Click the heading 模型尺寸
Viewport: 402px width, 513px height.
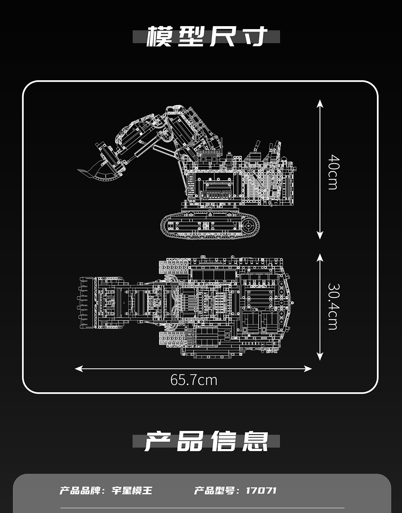click(x=207, y=36)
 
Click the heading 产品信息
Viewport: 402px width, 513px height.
click(x=207, y=441)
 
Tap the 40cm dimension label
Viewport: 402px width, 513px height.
click(x=333, y=172)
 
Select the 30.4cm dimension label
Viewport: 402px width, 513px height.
click(x=333, y=306)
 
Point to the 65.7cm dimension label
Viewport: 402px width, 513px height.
click(x=194, y=380)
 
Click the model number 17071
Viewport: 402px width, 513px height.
click(x=261, y=491)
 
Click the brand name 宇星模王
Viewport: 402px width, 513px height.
click(x=132, y=491)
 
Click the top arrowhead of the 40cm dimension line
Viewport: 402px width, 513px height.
click(x=320, y=102)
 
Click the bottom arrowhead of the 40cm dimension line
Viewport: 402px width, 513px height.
click(x=320, y=236)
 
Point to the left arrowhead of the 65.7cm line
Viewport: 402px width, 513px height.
click(x=78, y=369)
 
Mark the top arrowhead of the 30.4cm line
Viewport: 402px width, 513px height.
click(x=320, y=256)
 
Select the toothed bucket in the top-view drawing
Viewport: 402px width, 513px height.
click(x=88, y=303)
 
